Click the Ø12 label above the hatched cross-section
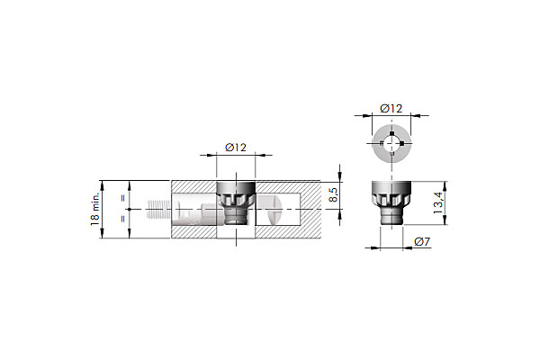coord(236,148)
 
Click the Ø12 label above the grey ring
coord(391,109)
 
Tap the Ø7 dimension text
coord(422,242)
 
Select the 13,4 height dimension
coord(437,202)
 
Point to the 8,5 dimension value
coord(333,195)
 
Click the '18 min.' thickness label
coord(94,209)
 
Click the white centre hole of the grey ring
coord(391,143)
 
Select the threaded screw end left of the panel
coord(156,209)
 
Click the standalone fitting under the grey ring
coord(391,202)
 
